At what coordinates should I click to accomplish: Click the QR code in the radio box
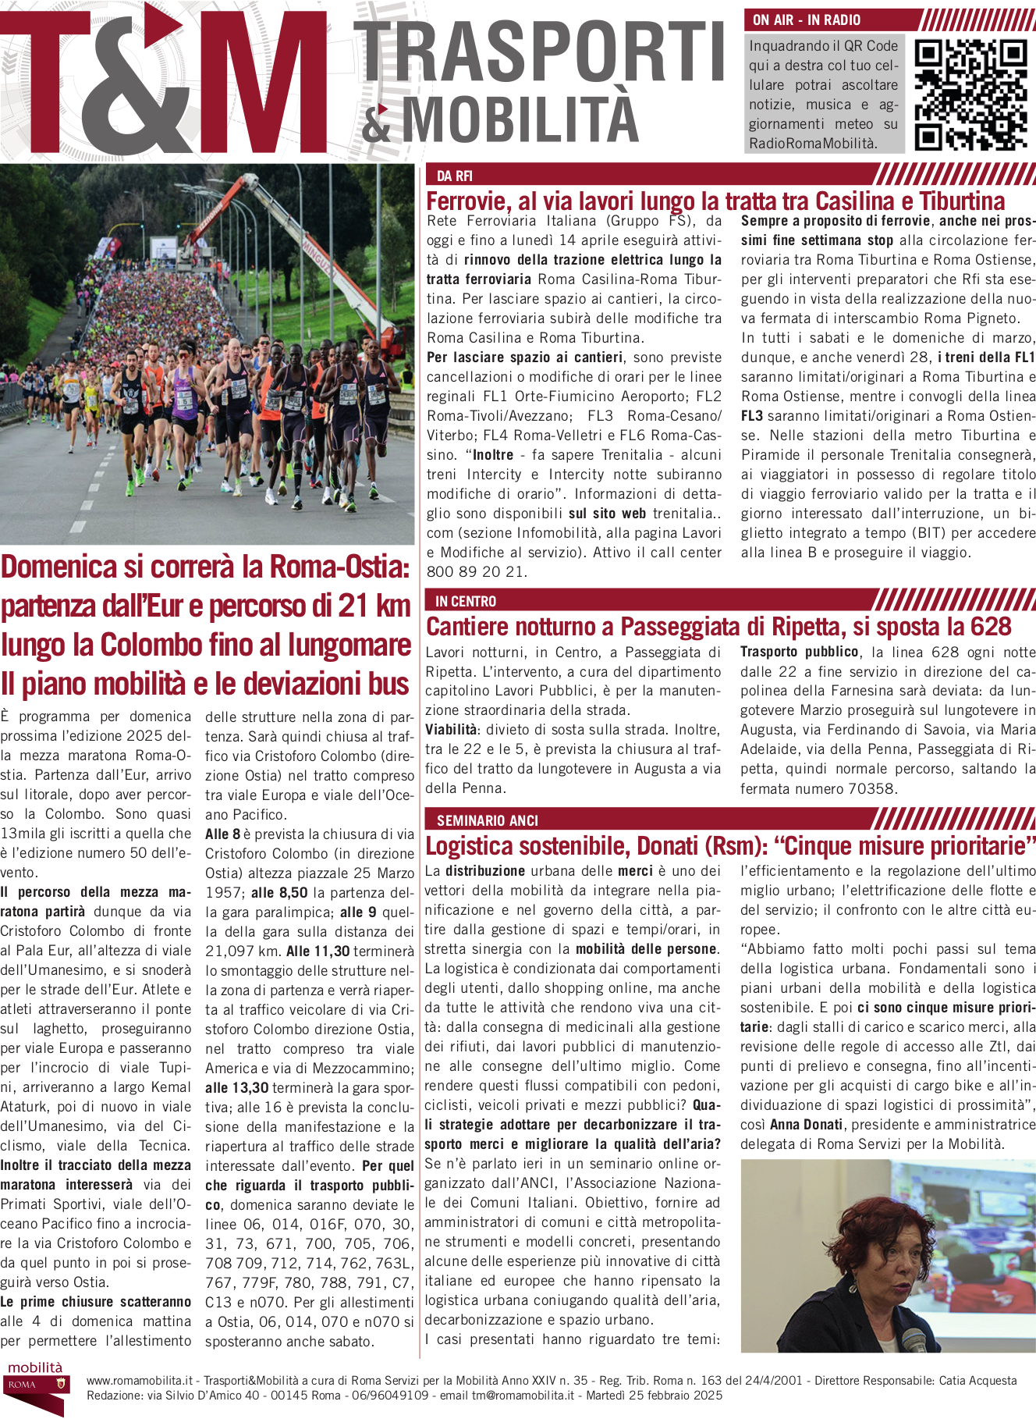(970, 94)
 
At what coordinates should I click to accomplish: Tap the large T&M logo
(164, 82)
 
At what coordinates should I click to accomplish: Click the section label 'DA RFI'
(455, 176)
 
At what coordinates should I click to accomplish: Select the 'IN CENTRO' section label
(466, 601)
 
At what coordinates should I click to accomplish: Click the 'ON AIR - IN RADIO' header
(807, 20)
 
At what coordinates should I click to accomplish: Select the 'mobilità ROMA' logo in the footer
(35, 1385)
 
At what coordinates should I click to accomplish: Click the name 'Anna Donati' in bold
(806, 1125)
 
